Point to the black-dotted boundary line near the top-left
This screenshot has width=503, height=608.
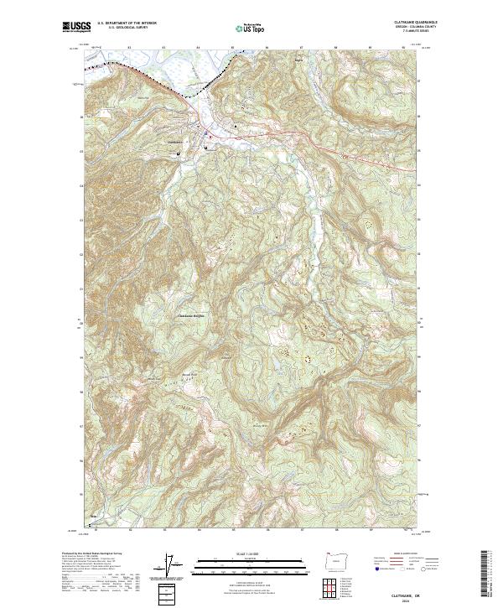134,65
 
